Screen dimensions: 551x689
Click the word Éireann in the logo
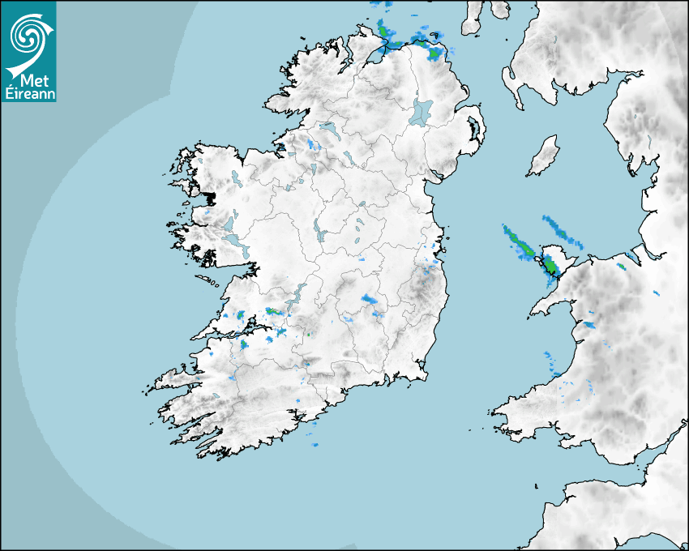point(28,92)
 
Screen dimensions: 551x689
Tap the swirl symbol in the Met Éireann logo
point(27,35)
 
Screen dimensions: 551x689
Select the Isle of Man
point(544,156)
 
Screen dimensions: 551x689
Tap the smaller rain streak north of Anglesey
point(562,230)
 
